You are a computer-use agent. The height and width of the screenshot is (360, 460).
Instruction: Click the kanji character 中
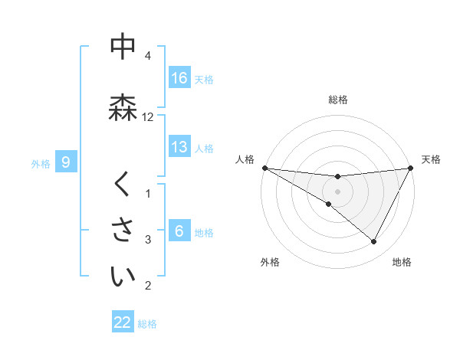tap(123, 47)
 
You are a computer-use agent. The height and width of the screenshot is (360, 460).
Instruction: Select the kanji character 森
tap(123, 107)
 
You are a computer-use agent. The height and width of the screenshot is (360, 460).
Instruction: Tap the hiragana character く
tap(123, 185)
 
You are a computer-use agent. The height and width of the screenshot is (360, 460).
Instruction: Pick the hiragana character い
tap(123, 277)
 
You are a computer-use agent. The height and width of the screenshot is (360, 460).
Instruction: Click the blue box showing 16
tap(179, 78)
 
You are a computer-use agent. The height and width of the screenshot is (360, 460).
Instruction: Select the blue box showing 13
tap(179, 147)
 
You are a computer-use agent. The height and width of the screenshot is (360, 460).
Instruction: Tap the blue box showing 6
tap(179, 231)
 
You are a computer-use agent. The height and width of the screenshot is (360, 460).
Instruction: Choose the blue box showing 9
tap(67, 162)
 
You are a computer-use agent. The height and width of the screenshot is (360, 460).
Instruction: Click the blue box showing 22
tap(123, 322)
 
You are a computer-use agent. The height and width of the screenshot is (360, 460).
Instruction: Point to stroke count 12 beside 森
tap(148, 116)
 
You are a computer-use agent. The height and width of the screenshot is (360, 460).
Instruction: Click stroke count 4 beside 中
tap(148, 56)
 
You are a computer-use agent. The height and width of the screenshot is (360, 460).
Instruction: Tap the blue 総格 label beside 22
tap(147, 323)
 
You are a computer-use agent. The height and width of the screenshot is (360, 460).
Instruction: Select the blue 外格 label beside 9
tap(41, 163)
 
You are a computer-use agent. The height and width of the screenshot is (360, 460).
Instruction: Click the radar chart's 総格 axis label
tap(338, 100)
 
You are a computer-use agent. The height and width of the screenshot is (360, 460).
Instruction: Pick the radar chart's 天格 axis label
tap(432, 159)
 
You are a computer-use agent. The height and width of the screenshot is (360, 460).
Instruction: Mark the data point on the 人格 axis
tap(264, 168)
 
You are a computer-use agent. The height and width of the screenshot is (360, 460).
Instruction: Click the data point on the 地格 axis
tap(374, 242)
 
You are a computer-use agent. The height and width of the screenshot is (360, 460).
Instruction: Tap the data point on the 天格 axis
tap(411, 168)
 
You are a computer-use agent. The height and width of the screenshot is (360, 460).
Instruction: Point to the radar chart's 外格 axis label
tap(270, 262)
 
